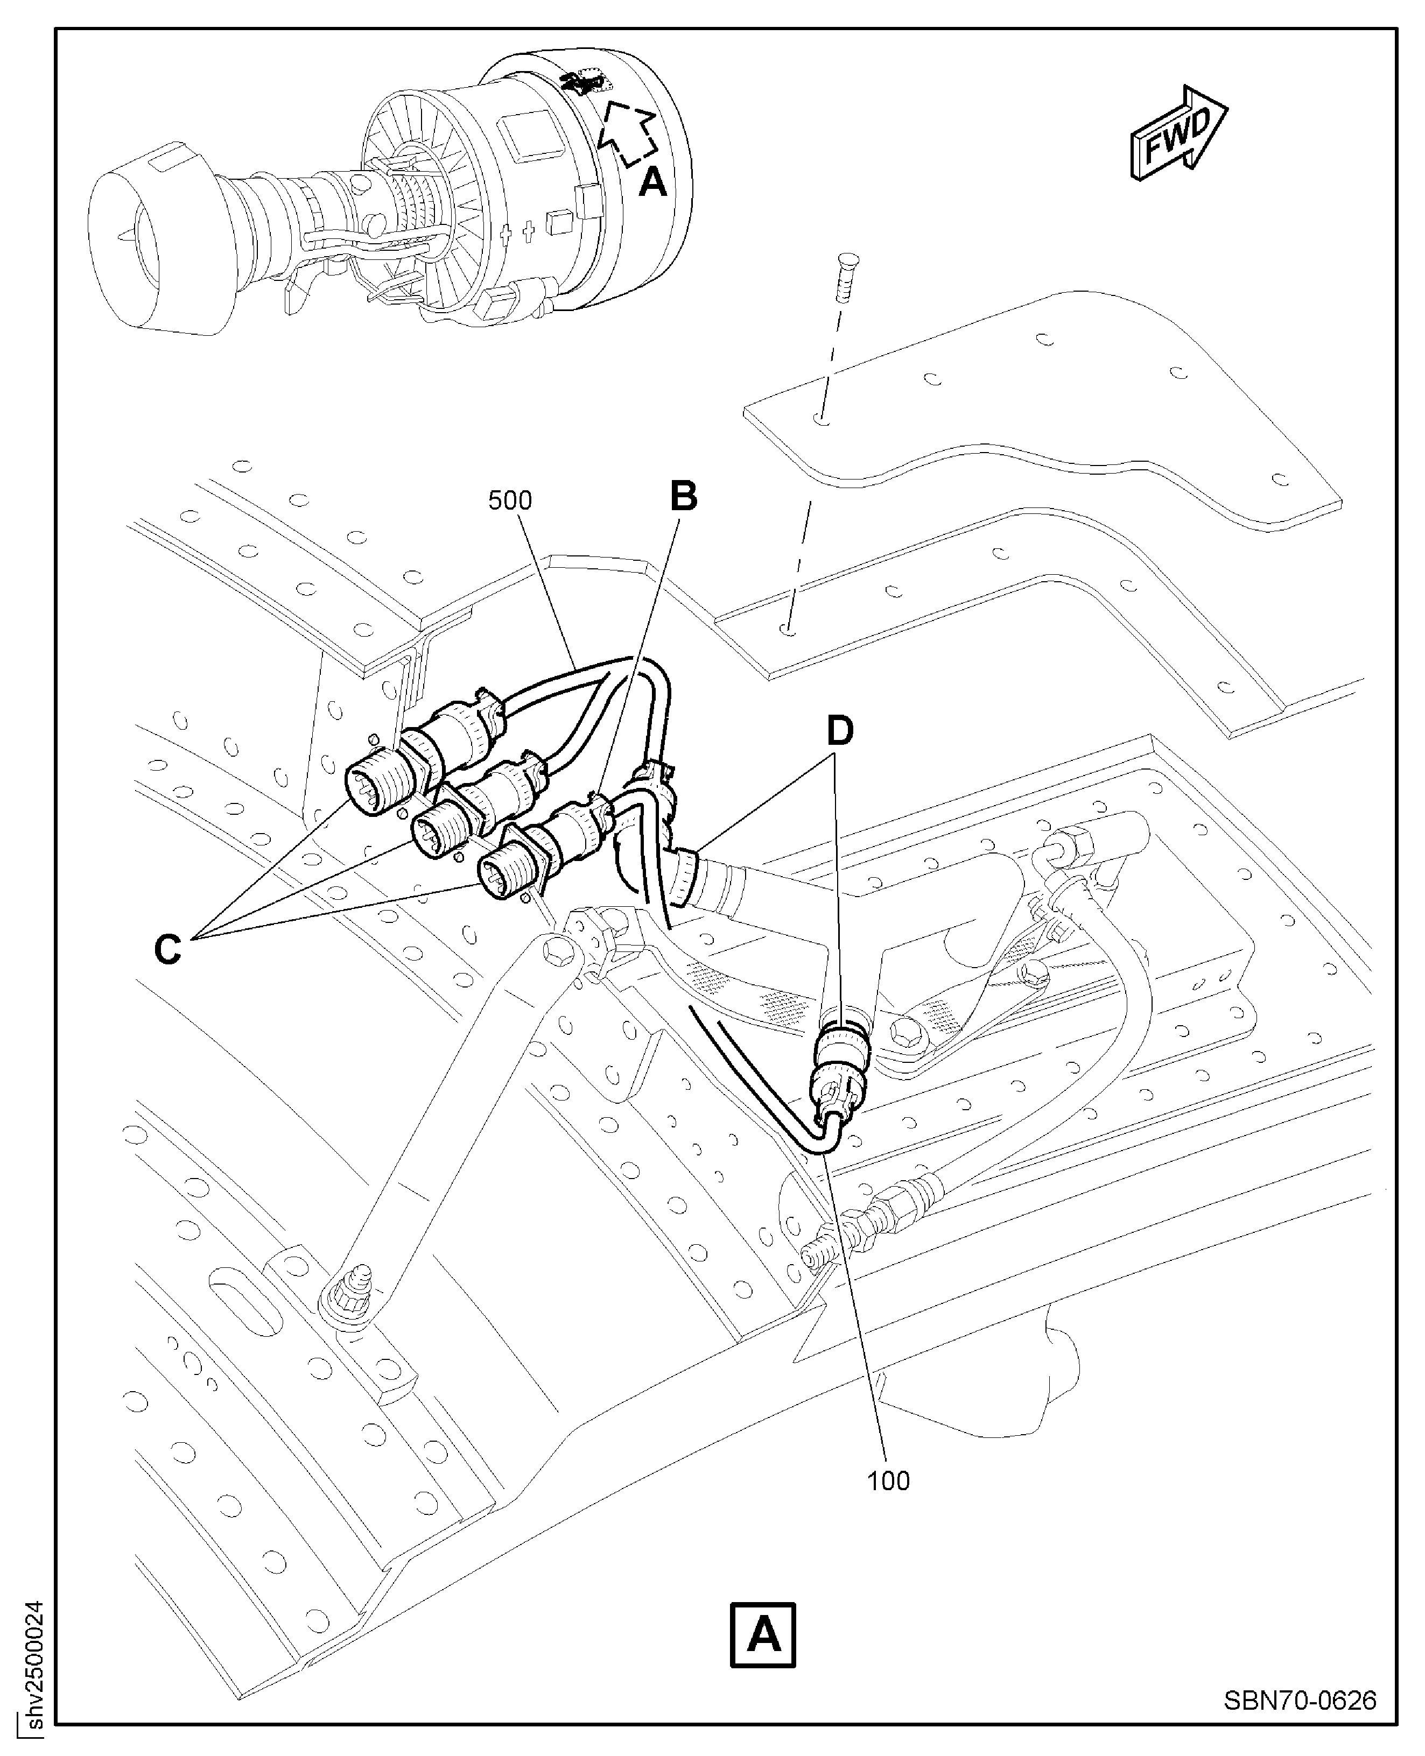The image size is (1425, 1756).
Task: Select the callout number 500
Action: point(510,500)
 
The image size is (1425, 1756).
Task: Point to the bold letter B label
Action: point(684,496)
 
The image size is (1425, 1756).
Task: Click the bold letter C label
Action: point(169,950)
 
